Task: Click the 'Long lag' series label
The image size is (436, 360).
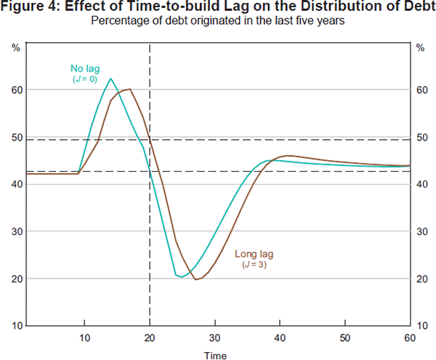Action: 253,255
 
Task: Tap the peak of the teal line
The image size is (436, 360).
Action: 110,79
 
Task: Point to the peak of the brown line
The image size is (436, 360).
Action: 129,89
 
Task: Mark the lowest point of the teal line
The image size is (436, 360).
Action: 182,277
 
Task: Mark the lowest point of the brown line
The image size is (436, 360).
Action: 195,279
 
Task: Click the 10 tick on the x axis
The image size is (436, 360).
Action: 84,337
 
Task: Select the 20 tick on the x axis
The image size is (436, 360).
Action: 150,337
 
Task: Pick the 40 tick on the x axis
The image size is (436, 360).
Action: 280,337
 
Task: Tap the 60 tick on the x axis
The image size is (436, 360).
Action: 409,337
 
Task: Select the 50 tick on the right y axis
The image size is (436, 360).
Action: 421,137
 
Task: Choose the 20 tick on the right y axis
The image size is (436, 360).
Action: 421,279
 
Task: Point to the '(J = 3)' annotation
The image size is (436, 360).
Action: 252,265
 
